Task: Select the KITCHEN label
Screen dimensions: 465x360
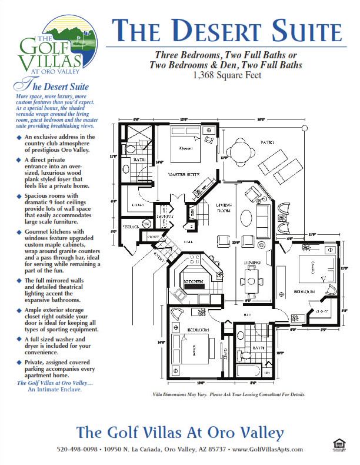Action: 196,283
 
